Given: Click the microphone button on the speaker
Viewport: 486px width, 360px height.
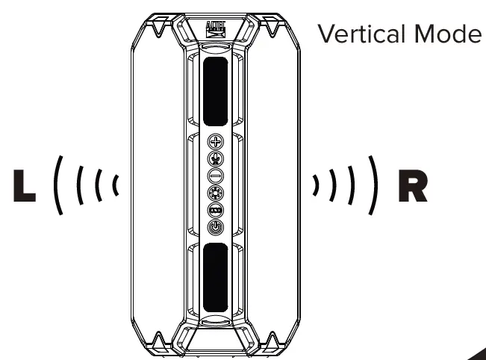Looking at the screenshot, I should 215,158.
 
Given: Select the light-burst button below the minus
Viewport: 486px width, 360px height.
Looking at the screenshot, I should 215,193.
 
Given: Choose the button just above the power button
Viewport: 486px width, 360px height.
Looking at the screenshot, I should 215,210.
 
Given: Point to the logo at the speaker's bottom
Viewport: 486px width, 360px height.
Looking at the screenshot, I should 215,343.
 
